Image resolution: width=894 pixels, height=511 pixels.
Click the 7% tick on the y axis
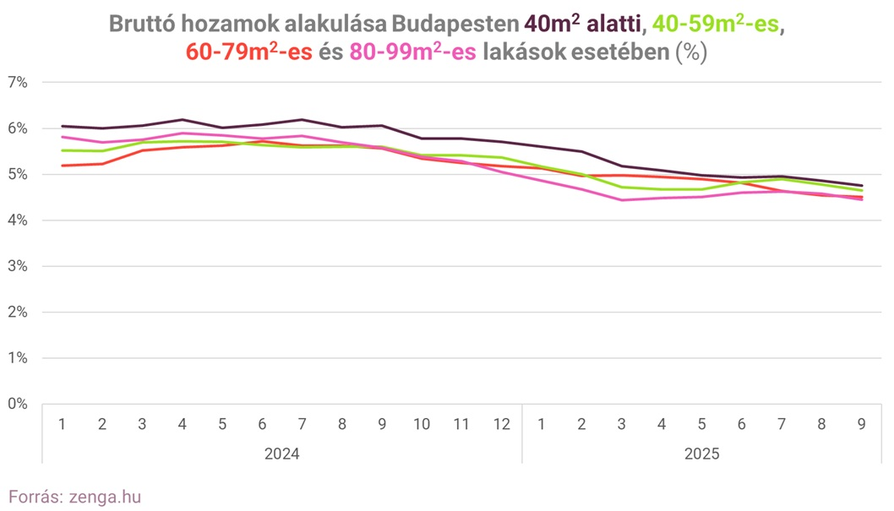[x=18, y=83]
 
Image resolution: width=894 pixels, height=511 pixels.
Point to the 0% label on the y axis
[x=18, y=404]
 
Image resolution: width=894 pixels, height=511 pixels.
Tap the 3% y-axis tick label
[x=18, y=266]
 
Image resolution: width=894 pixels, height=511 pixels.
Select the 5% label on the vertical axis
[x=18, y=175]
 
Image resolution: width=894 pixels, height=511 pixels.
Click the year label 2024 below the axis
[x=281, y=454]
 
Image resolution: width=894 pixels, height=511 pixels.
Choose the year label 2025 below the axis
[x=701, y=454]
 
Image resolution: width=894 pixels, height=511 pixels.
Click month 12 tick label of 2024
[x=502, y=424]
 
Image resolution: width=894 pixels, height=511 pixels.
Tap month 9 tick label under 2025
[x=861, y=424]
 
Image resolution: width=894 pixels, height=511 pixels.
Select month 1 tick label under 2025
[x=542, y=424]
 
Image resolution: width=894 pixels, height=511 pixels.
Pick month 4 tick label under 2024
[x=183, y=424]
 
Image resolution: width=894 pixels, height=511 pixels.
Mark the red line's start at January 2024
[x=63, y=166]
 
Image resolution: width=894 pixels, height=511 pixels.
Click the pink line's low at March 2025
[x=622, y=200]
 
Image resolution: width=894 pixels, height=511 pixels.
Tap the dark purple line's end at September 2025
[x=861, y=186]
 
